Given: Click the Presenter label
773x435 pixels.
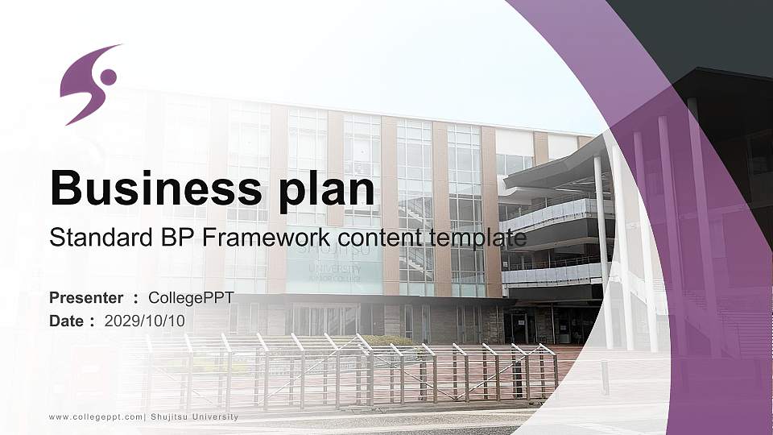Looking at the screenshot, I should point(86,298).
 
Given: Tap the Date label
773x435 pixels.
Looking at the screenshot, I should point(67,321).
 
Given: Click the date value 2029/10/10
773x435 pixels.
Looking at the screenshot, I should point(144,321).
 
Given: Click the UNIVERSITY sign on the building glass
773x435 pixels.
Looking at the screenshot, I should point(333,263).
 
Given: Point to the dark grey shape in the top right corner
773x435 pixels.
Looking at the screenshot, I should point(709,32).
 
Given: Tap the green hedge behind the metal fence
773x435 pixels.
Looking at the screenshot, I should point(386,341).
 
